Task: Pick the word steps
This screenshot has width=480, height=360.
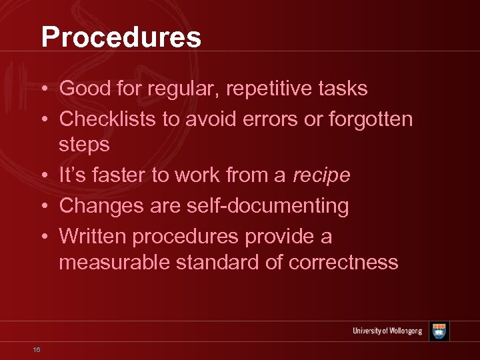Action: [84, 145]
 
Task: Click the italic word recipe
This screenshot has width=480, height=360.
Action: [321, 175]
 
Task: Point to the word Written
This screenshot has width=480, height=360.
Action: [93, 237]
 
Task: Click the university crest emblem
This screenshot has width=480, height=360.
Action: [439, 331]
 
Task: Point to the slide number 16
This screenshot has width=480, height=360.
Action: [37, 349]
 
